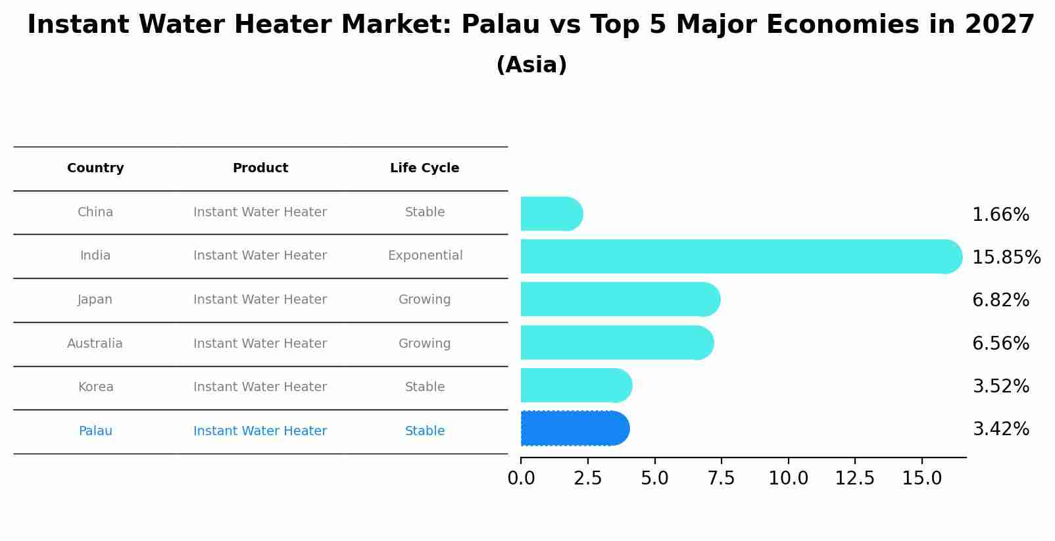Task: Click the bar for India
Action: click(740, 256)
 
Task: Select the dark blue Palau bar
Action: click(574, 429)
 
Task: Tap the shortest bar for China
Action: click(551, 214)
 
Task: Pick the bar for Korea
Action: click(576, 385)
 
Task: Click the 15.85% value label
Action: click(1006, 257)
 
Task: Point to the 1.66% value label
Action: click(1000, 215)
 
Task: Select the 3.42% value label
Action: click(1000, 429)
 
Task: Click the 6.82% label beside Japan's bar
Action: click(1000, 300)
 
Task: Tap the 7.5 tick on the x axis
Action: click(721, 479)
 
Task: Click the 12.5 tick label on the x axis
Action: click(854, 479)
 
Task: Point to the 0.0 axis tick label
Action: click(521, 479)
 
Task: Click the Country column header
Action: click(95, 168)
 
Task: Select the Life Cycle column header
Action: click(424, 168)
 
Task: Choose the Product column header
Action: click(260, 168)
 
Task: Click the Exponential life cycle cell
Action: click(425, 256)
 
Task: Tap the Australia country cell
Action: click(95, 343)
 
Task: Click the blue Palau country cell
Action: click(95, 431)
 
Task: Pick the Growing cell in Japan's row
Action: click(424, 300)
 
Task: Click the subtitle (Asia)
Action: click(531, 65)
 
